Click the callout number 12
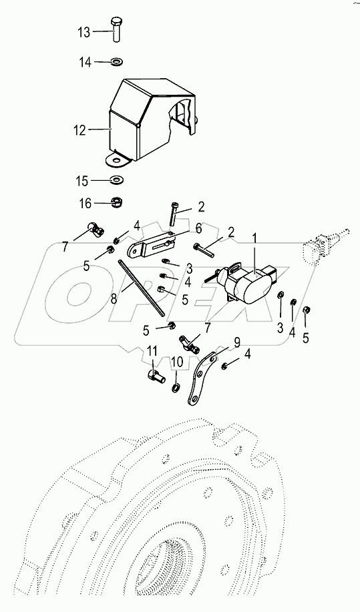pos(79,131)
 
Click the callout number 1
pos(254,238)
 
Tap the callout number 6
pos(198,228)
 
